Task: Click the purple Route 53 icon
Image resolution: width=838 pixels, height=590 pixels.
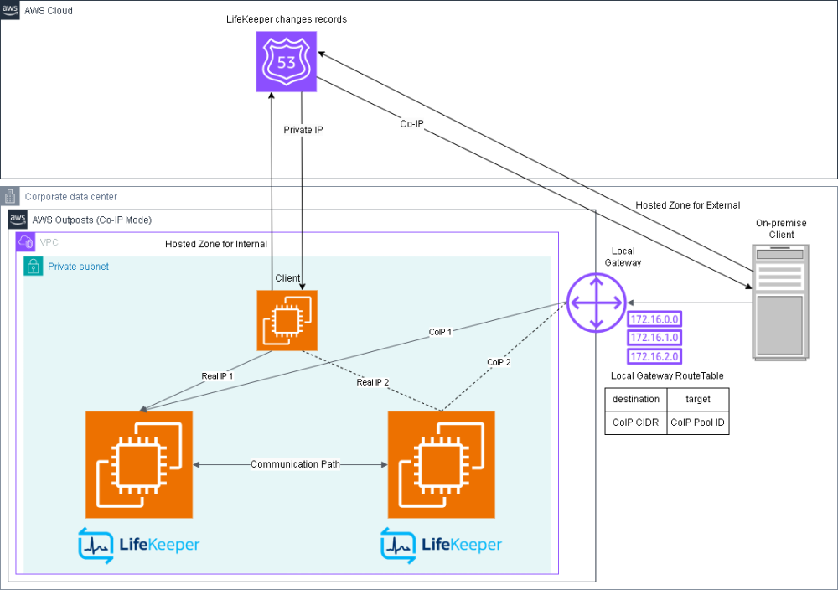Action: point(287,61)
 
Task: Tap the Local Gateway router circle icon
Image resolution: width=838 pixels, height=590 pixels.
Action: point(596,302)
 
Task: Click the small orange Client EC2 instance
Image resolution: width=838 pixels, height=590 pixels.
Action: point(287,320)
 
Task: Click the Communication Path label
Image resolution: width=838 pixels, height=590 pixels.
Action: point(295,464)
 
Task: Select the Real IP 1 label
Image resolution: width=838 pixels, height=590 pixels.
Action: point(217,376)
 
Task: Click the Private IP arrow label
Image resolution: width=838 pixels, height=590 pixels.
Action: point(303,131)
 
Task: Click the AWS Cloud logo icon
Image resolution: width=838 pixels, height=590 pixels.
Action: point(10,10)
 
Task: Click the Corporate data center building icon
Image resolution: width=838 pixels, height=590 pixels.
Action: point(10,197)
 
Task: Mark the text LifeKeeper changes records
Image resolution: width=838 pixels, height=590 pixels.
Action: point(287,18)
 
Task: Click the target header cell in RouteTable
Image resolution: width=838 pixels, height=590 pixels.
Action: point(698,399)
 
